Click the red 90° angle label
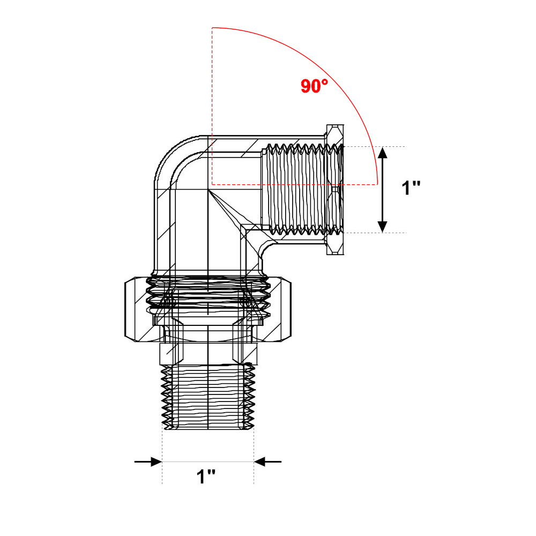point(314,86)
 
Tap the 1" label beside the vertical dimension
point(411,188)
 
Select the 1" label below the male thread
point(206,477)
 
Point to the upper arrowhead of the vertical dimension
point(382,152)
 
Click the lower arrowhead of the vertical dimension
point(382,227)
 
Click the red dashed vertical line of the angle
point(212,106)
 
